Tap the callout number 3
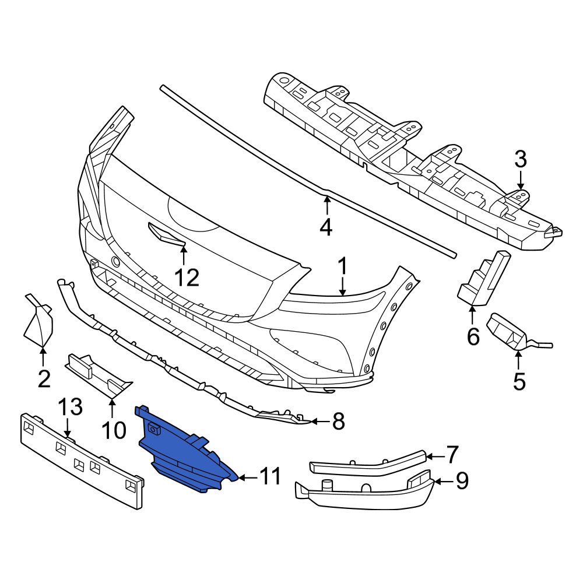tap(520, 159)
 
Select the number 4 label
tap(326, 226)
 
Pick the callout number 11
tap(270, 476)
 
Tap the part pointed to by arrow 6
tap(483, 280)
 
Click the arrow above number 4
tap(326, 204)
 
